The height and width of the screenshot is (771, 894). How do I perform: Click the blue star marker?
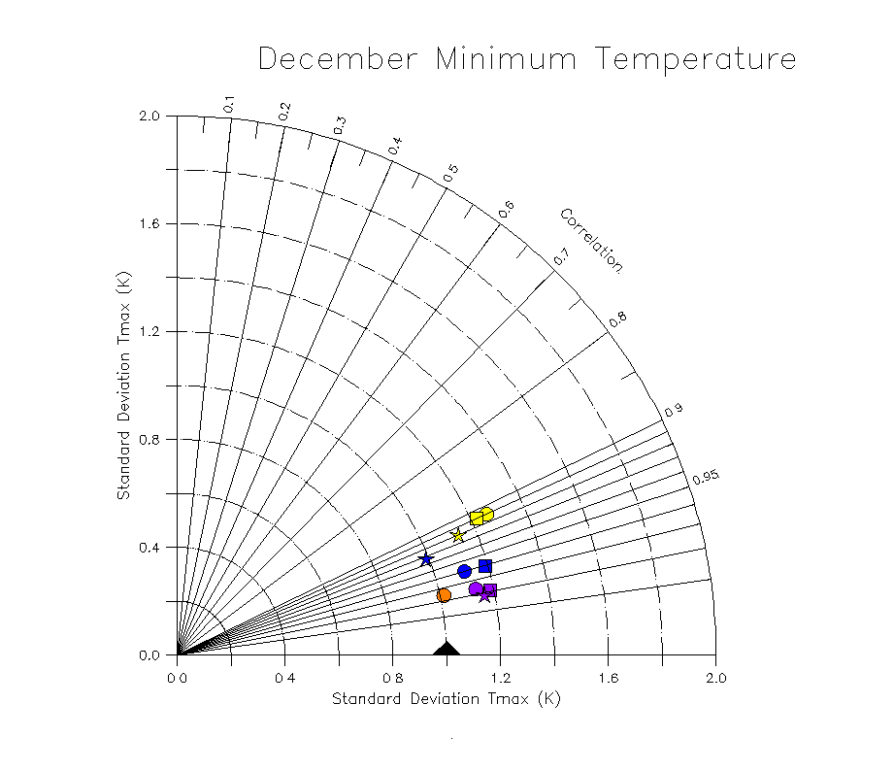tap(425, 558)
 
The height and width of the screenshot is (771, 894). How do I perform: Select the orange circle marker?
tap(444, 595)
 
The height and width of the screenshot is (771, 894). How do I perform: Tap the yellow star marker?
tap(459, 535)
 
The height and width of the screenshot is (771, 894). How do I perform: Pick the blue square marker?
tap(485, 566)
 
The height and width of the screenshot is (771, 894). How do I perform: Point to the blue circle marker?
tap(464, 571)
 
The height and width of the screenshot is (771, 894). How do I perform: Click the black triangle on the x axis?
tap(446, 649)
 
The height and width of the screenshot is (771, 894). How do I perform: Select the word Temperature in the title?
tap(696, 59)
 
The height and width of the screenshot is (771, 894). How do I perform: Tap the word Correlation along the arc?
tap(591, 240)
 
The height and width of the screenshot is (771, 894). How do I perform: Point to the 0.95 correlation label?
tap(705, 477)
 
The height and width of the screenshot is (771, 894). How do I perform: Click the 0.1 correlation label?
tap(229, 104)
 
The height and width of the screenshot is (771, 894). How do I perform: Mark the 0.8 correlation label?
tap(617, 318)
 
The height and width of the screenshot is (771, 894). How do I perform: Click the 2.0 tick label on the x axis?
tap(715, 677)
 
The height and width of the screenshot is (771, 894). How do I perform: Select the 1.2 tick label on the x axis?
tap(500, 677)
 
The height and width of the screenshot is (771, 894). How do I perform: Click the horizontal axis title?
tap(447, 698)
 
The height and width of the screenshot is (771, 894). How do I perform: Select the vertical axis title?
tap(123, 385)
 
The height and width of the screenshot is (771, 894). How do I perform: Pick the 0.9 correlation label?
tap(674, 411)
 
